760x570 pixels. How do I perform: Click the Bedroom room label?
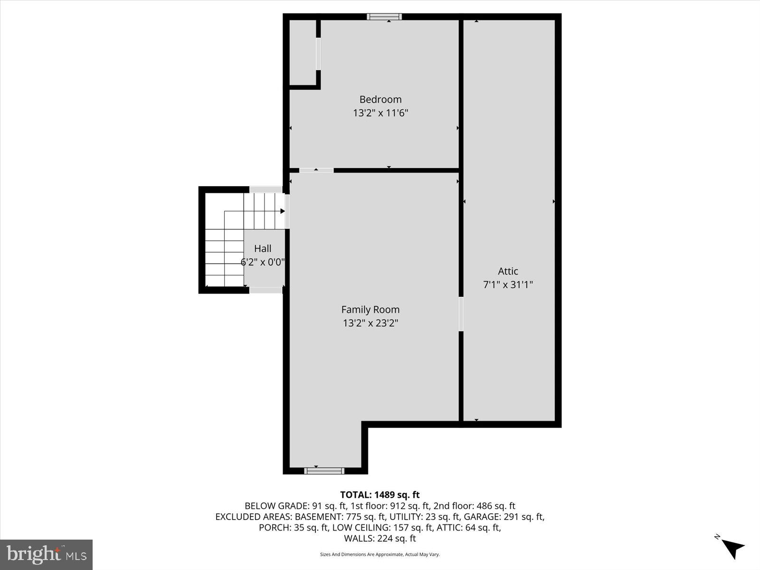pos(380,99)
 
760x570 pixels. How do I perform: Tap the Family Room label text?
pos(370,310)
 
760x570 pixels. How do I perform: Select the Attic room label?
pos(508,271)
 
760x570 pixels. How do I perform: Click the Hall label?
pos(263,248)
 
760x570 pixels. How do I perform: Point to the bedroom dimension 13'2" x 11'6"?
pos(380,113)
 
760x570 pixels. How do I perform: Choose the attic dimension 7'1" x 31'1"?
pos(508,285)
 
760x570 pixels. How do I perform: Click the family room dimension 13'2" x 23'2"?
pos(370,323)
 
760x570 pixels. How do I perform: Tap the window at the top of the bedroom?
pos(384,17)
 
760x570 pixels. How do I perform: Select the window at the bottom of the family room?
pos(324,471)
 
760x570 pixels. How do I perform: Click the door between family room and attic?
pos(461,314)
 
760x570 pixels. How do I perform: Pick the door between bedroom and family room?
pos(316,170)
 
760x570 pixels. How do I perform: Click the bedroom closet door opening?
pos(318,54)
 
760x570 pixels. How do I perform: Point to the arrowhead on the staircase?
pos(283,211)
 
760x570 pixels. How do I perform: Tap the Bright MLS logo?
pos(47,554)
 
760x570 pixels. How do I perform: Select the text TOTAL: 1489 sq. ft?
pos(380,495)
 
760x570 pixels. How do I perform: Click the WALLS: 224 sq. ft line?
pos(380,539)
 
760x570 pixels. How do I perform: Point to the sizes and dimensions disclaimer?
pos(380,554)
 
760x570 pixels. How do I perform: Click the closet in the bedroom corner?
pos(303,52)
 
